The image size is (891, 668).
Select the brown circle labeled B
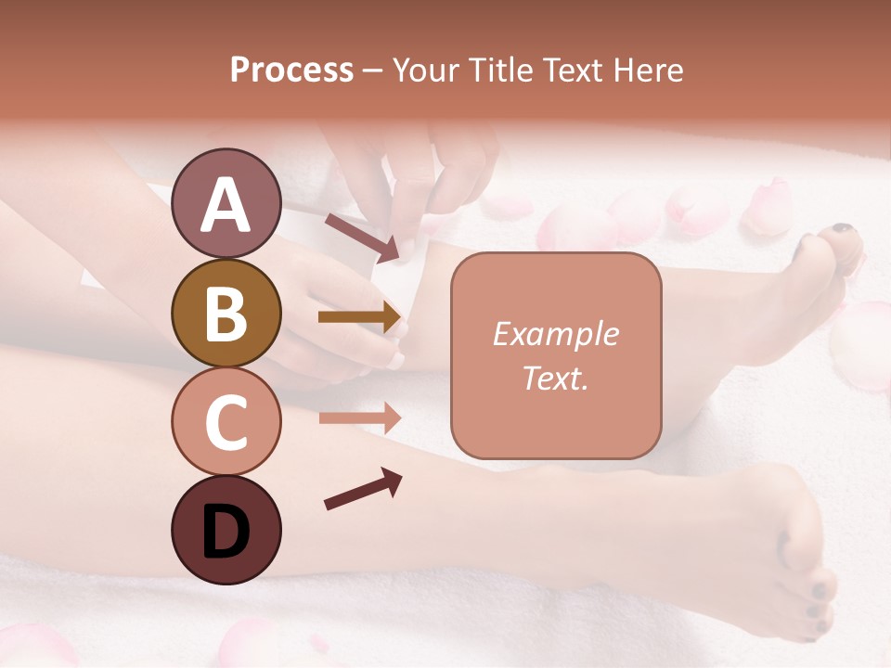[x=226, y=313]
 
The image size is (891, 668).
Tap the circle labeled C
[x=226, y=422]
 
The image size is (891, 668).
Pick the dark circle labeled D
[x=226, y=531]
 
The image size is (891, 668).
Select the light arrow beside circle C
[x=360, y=417]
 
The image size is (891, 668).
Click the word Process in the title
[x=291, y=70]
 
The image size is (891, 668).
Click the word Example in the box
[x=555, y=334]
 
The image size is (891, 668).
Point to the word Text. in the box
[x=555, y=378]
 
